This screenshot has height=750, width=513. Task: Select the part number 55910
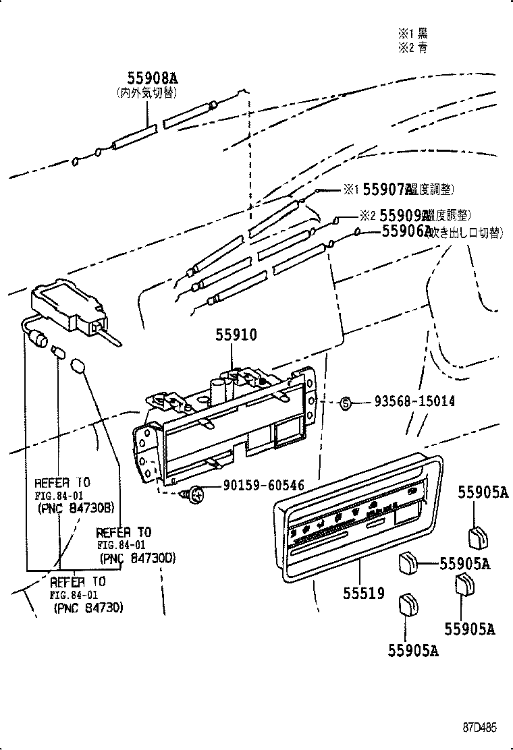click(x=236, y=335)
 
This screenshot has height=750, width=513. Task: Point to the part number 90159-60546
click(x=263, y=486)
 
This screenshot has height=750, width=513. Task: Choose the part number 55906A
click(x=406, y=231)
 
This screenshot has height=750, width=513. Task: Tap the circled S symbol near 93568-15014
click(x=346, y=403)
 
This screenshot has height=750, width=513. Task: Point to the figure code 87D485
click(x=480, y=728)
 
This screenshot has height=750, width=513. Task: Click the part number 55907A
click(x=387, y=190)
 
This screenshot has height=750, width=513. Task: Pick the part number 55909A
click(x=404, y=215)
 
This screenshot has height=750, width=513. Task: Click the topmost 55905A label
click(x=483, y=492)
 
